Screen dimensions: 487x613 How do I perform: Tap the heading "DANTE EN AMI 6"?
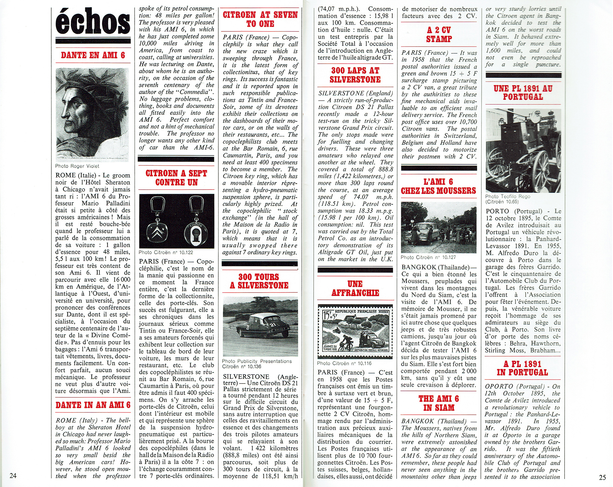(93, 55)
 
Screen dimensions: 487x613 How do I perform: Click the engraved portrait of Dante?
(92, 115)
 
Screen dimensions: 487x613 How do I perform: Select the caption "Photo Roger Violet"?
(77, 166)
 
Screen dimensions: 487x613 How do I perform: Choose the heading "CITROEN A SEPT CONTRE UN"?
(176, 178)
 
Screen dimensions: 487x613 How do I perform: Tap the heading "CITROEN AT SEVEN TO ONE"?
(260, 19)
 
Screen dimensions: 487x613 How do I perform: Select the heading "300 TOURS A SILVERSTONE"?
(259, 281)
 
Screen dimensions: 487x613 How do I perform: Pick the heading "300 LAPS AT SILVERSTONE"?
(355, 75)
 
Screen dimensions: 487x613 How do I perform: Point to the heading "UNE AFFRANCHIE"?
(355, 288)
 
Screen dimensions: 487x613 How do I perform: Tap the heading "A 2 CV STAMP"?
(439, 34)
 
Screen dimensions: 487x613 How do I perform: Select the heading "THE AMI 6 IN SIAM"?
(439, 403)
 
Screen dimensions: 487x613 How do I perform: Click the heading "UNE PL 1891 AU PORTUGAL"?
(523, 92)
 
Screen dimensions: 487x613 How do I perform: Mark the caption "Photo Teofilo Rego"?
(508, 197)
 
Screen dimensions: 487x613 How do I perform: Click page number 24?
(13, 476)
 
